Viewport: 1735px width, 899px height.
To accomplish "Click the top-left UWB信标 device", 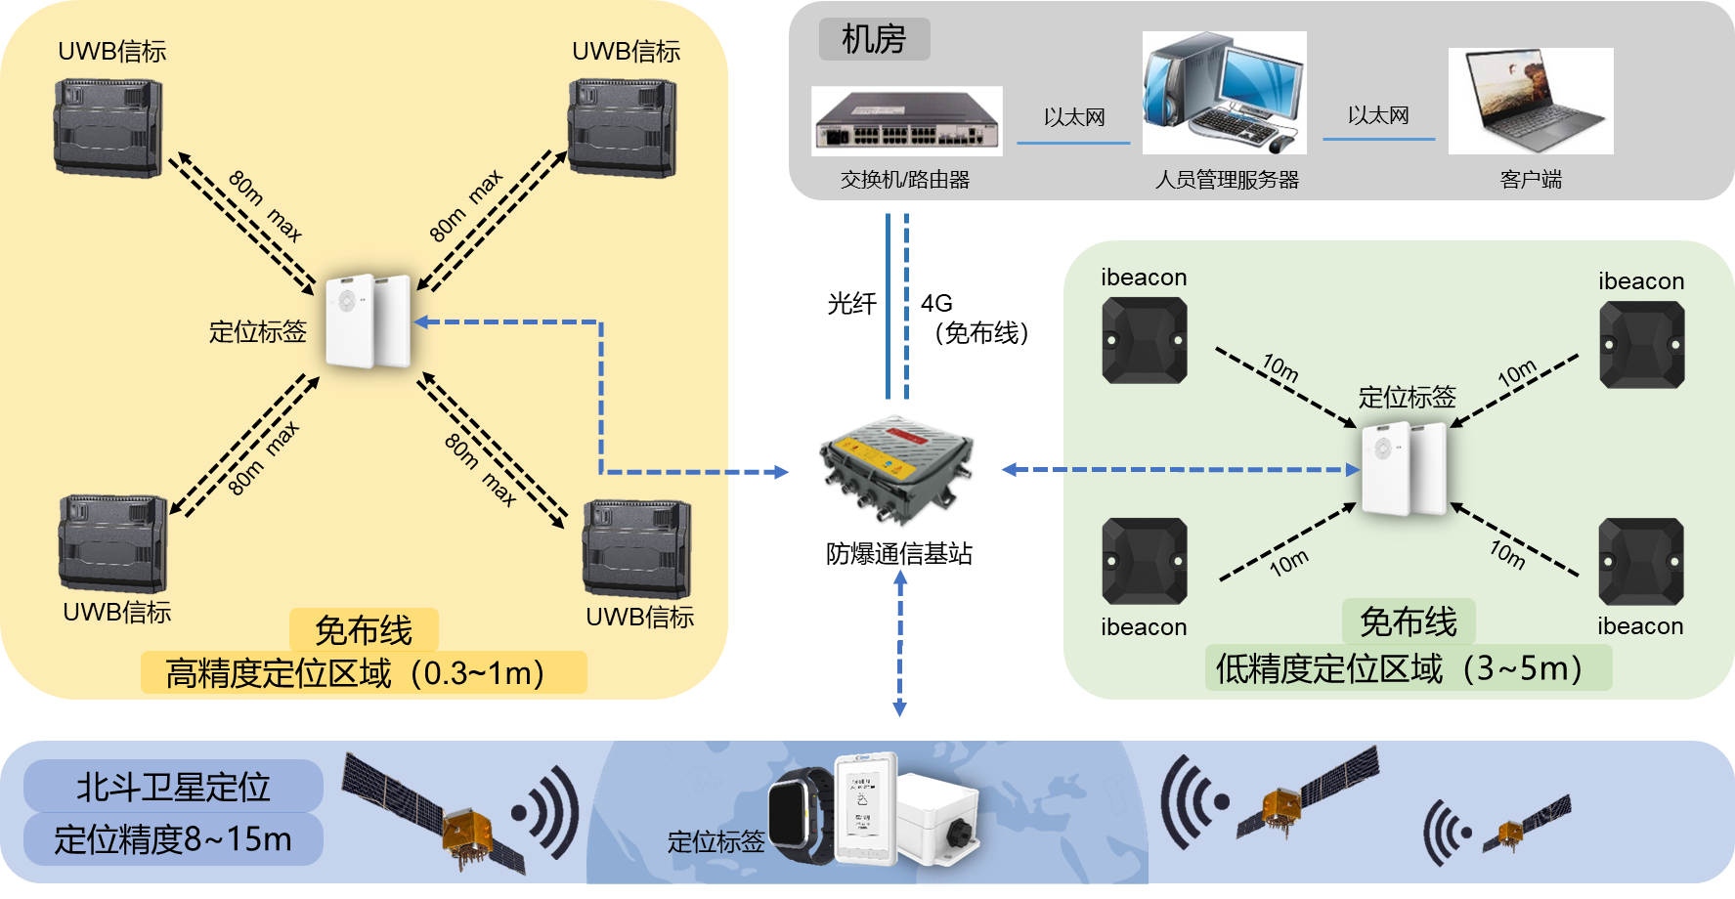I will click(108, 127).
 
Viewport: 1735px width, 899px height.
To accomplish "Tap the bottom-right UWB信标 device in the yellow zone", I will click(637, 548).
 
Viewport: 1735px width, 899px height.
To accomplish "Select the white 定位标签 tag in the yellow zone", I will click(368, 321).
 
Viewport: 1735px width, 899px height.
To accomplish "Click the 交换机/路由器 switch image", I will click(906, 121).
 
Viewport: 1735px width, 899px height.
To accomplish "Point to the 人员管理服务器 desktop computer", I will click(1224, 93).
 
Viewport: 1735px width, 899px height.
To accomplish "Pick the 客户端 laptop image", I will click(1531, 101).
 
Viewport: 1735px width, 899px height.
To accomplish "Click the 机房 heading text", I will click(874, 40).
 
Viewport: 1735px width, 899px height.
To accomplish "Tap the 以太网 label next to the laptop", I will click(1378, 116).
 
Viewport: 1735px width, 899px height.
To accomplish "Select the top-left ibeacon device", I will click(1144, 340).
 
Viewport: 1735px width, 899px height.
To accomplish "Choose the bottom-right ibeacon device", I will click(1640, 562).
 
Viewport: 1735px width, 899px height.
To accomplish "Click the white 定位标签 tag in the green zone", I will click(1404, 469).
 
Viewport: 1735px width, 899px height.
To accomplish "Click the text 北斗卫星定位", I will click(173, 788).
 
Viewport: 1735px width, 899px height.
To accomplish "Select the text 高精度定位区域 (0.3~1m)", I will click(355, 673).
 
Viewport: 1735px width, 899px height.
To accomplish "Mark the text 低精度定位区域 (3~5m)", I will click(1399, 669).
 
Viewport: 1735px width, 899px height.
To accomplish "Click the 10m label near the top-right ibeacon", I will click(1517, 373).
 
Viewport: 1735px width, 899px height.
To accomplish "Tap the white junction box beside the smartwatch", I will click(937, 817).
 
